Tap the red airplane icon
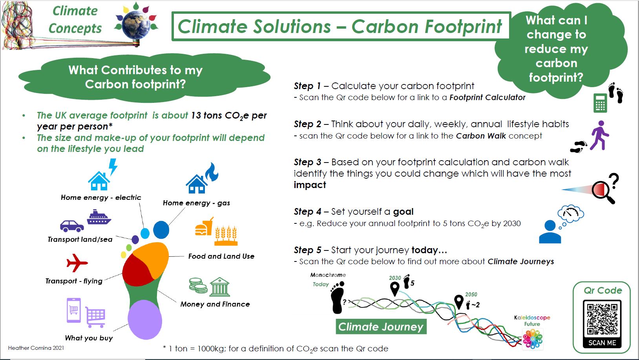click(x=77, y=263)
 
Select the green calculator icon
click(x=600, y=103)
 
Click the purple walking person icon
click(x=599, y=135)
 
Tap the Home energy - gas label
click(x=196, y=203)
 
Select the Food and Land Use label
click(x=221, y=256)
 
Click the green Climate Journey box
click(x=381, y=327)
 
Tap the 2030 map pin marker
click(x=394, y=289)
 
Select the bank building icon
click(x=219, y=287)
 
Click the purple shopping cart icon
click(x=95, y=317)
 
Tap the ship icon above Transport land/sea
click(x=99, y=217)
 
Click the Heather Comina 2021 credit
click(x=36, y=348)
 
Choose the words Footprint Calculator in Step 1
click(x=487, y=97)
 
